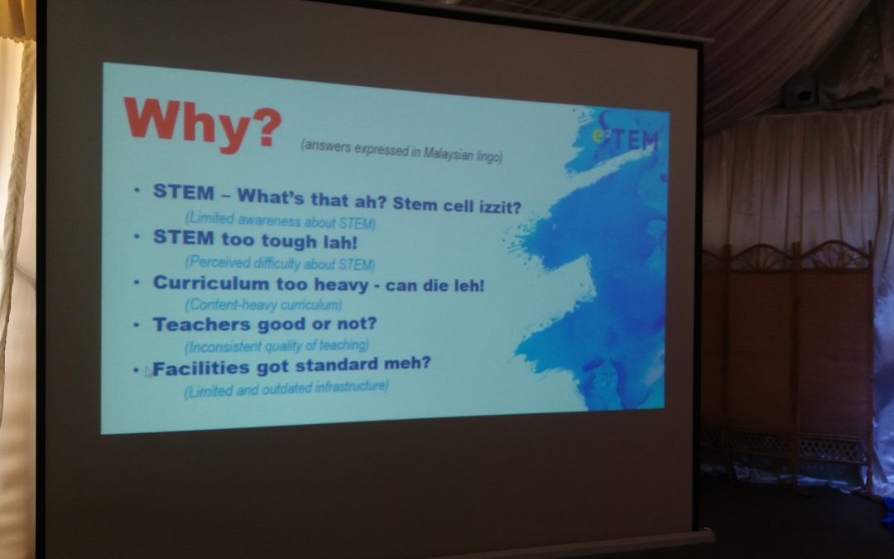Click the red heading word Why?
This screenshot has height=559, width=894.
(x=203, y=124)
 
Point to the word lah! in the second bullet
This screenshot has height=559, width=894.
(x=340, y=243)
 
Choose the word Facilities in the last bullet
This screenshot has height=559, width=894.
(x=200, y=369)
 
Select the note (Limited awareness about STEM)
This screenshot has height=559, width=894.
(x=281, y=221)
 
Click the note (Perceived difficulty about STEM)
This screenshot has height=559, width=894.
(x=280, y=263)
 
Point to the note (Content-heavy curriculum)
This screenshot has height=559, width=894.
(x=263, y=305)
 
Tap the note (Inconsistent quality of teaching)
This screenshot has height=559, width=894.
(x=276, y=346)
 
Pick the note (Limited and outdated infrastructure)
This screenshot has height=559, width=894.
(x=286, y=389)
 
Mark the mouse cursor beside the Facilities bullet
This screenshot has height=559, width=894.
(x=148, y=371)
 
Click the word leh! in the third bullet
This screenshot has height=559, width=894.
(x=469, y=285)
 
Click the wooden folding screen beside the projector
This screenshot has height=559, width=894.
(x=787, y=359)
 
